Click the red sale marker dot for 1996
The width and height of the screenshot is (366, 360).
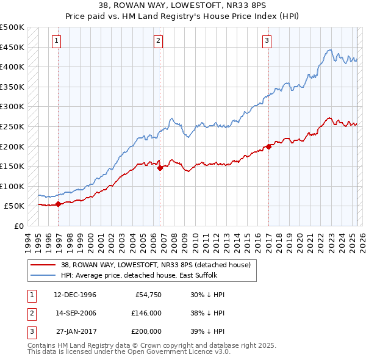coord(59,204)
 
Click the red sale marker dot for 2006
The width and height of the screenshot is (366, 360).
coord(160,168)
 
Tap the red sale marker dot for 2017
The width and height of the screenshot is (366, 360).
coord(268,146)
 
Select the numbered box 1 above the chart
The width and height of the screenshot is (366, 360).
coord(56,41)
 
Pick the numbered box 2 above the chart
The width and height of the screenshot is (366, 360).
coord(158,41)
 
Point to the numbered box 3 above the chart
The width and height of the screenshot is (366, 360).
coord(267,41)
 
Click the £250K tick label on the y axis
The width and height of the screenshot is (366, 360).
coord(12,126)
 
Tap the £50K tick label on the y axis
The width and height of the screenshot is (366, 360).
coord(15,206)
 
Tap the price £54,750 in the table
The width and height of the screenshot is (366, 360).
coord(148,295)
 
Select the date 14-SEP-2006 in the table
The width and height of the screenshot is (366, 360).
coord(76,313)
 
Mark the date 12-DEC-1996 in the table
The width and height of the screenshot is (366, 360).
coord(76,295)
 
